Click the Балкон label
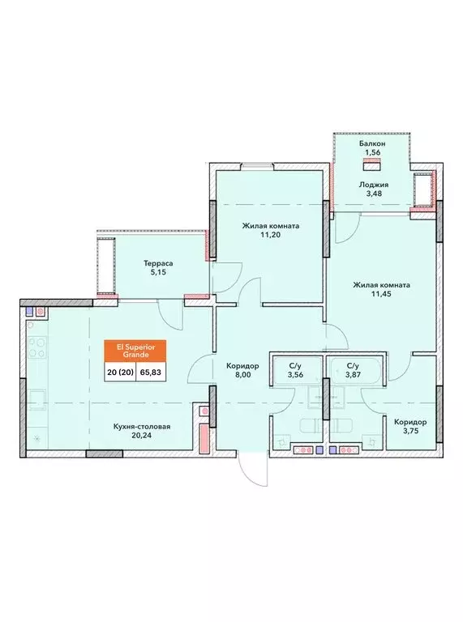click(371, 143)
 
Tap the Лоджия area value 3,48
click(373, 194)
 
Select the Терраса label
click(158, 263)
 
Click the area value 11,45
click(382, 294)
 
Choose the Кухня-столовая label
click(142, 427)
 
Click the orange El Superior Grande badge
click(135, 351)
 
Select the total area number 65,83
click(151, 373)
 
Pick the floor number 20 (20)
click(120, 373)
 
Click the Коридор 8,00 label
click(242, 370)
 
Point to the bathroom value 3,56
click(295, 374)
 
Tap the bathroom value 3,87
click(353, 374)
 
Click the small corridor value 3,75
click(411, 431)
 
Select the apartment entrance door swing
click(254, 469)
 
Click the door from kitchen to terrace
click(171, 314)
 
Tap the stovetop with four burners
click(37, 348)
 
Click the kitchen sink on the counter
click(37, 398)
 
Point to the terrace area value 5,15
click(158, 272)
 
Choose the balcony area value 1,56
click(372, 152)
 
